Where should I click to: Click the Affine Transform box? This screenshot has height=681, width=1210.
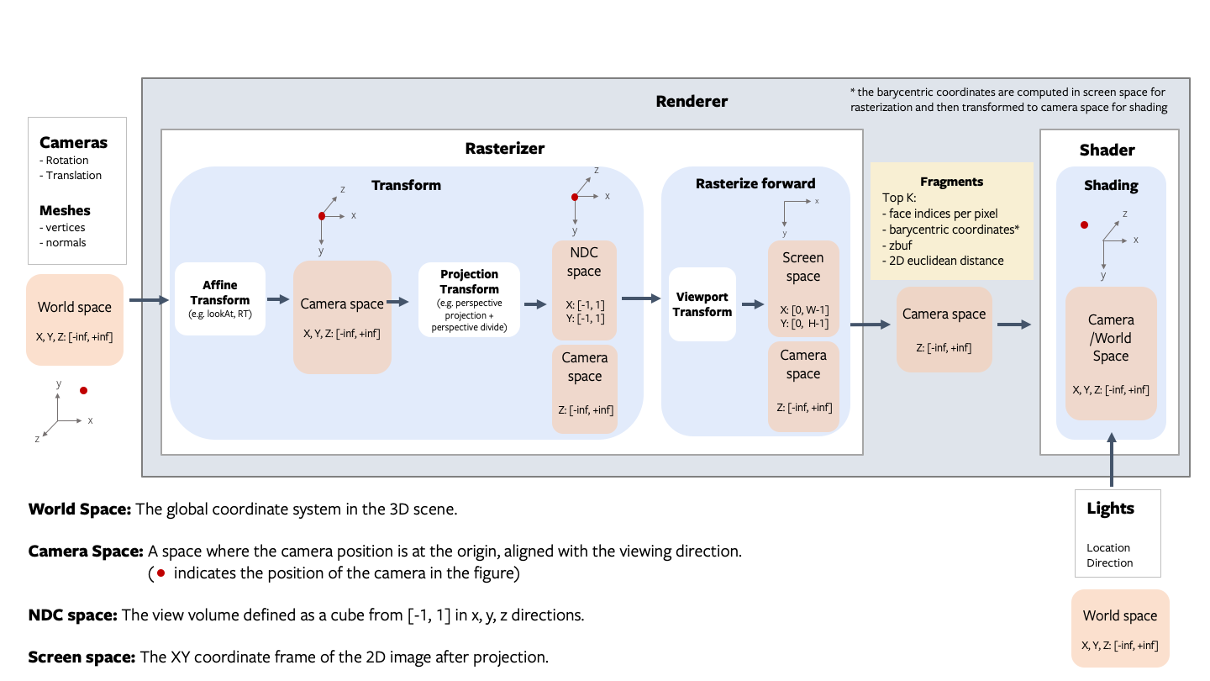tap(219, 298)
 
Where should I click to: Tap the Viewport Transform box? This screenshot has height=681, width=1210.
tap(702, 304)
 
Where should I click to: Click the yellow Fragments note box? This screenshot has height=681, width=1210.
tap(951, 221)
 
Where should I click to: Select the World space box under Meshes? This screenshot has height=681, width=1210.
tap(75, 319)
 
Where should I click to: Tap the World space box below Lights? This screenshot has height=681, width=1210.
tap(1119, 628)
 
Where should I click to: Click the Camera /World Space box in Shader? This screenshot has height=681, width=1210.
tap(1110, 353)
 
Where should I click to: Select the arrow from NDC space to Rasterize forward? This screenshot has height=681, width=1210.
tap(640, 298)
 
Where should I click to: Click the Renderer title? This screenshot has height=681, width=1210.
tap(691, 102)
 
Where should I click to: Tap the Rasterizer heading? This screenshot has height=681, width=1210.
tap(504, 149)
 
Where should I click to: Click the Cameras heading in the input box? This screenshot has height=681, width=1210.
tap(73, 143)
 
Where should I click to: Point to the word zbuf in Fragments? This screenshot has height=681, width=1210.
tap(900, 245)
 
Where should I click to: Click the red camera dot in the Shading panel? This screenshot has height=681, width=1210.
tap(1084, 225)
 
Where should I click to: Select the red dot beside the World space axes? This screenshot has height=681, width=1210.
tap(82, 391)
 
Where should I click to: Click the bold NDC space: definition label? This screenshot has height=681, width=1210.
tap(72, 615)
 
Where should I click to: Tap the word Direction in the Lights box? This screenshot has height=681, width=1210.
tap(1109, 562)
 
